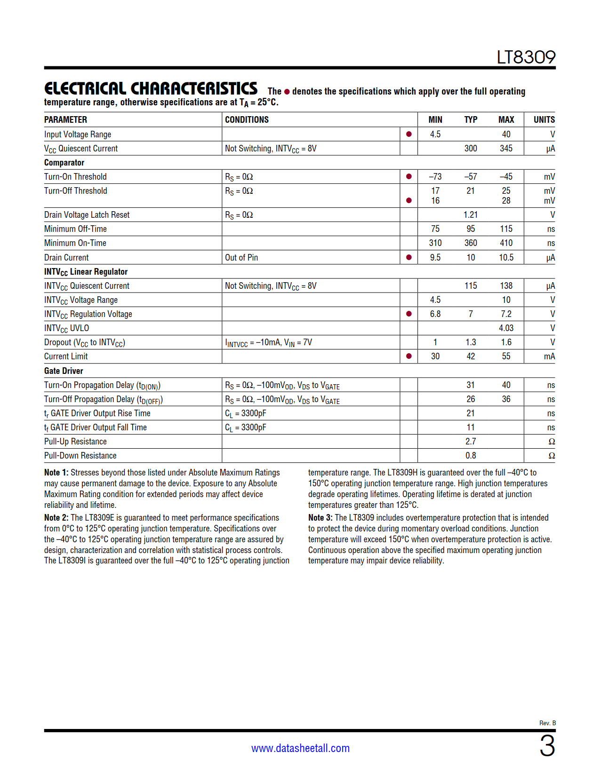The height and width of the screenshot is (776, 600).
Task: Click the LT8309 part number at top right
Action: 526,57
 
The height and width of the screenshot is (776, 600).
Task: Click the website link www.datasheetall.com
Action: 300,748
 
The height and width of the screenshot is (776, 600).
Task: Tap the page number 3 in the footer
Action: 547,746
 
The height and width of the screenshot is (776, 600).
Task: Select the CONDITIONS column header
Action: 247,119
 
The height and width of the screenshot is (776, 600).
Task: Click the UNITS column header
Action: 544,119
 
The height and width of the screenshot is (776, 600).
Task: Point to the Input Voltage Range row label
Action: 78,134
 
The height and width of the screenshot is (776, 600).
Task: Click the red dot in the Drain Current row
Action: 408,257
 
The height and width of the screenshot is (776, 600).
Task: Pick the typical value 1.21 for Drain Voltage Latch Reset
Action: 471,214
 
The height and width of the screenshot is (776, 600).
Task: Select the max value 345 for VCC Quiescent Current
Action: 506,148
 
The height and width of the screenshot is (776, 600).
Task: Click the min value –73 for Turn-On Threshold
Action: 435,176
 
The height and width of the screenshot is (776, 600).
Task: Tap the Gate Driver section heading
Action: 64,371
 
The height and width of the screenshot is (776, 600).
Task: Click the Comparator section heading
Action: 64,162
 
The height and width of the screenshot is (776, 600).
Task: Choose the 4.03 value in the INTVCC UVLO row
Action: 506,328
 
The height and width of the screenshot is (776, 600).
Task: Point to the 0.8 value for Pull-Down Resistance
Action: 471,455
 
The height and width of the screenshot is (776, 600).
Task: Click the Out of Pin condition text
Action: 241,257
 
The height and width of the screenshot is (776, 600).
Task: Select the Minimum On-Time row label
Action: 75,243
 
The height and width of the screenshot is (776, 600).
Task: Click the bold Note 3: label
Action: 320,517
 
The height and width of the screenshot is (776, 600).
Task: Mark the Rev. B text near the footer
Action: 547,723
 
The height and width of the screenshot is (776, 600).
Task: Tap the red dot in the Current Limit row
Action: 408,356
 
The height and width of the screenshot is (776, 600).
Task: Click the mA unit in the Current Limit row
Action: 549,356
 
